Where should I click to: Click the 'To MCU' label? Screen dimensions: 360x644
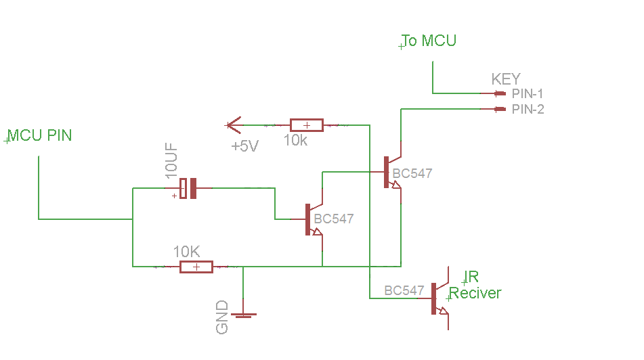[429, 41]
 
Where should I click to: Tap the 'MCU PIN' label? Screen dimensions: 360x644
[39, 135]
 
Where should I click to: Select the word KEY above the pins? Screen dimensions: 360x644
[506, 79]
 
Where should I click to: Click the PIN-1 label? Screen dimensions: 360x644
[528, 93]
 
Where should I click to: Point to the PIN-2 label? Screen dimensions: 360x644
[528, 109]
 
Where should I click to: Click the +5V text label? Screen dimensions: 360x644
[244, 146]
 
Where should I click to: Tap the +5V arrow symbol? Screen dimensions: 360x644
[233, 125]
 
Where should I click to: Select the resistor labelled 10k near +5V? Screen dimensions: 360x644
[306, 125]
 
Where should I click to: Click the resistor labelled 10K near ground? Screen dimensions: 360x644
[196, 267]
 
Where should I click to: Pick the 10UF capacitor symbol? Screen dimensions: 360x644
[188, 188]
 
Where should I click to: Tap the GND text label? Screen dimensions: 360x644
[222, 317]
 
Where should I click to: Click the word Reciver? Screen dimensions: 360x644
[475, 293]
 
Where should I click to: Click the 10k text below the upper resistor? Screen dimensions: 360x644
[296, 141]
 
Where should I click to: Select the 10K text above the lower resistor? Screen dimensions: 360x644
[186, 251]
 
